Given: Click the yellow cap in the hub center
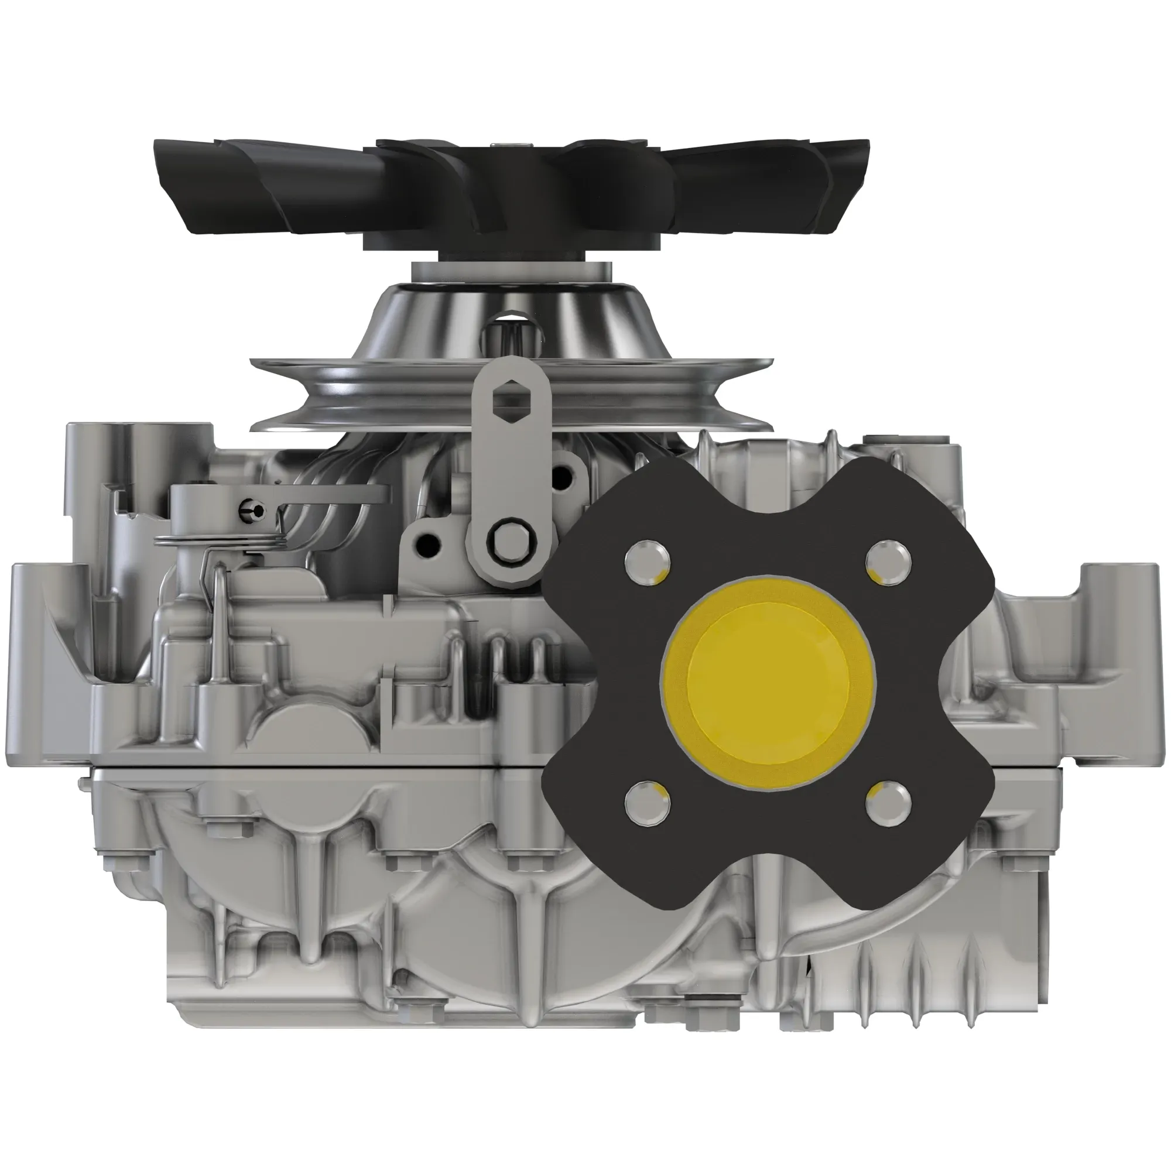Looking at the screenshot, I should click(x=768, y=683).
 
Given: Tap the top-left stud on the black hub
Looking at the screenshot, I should click(x=647, y=562).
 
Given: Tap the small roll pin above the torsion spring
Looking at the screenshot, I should click(x=251, y=511).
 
